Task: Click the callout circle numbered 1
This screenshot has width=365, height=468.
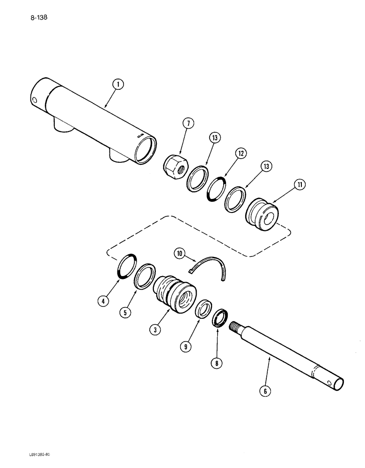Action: coord(118,85)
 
